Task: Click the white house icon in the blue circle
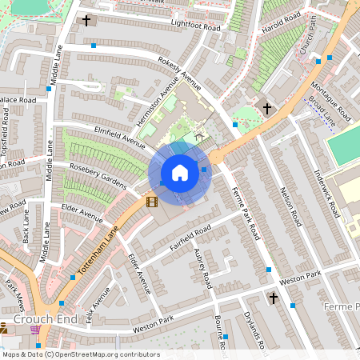[x=180, y=173]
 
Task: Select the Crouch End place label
[x=28, y=318]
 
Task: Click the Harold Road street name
[x=282, y=23]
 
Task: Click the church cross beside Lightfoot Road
[x=86, y=20]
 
